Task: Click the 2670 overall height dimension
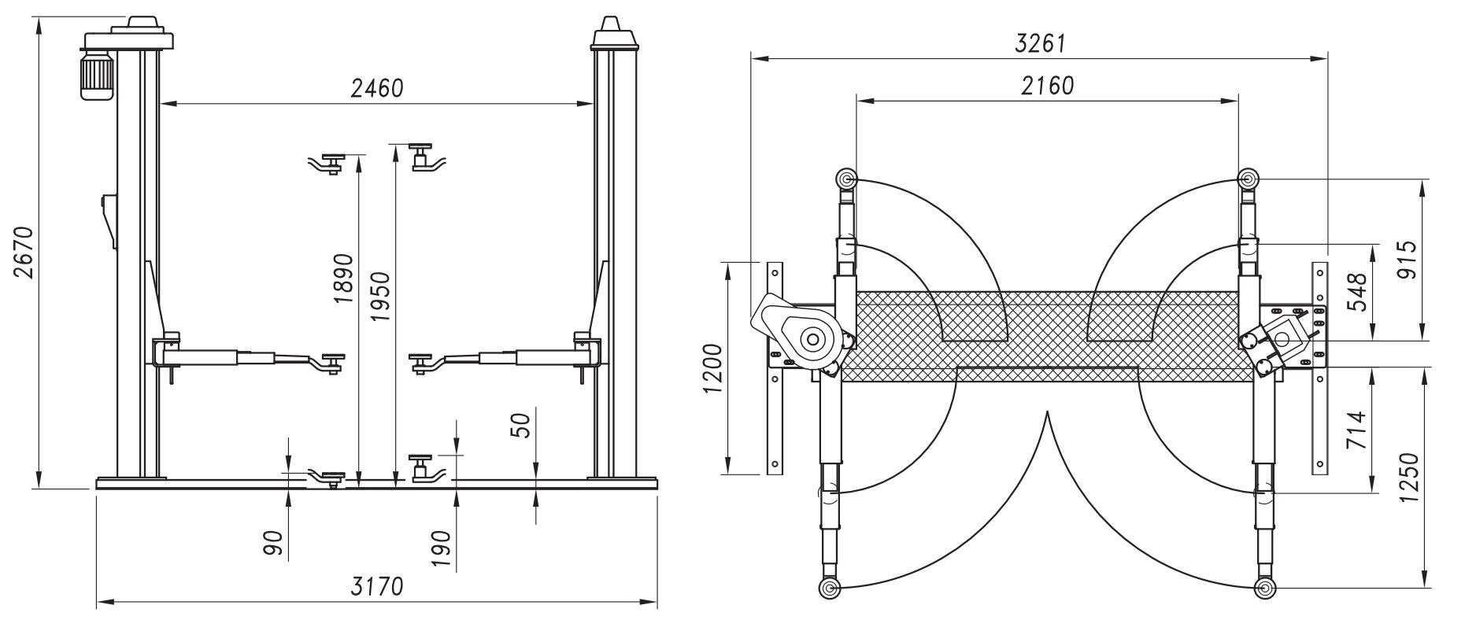click(x=24, y=253)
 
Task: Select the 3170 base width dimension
click(x=377, y=587)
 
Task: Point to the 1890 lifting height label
click(x=344, y=278)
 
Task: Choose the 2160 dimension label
click(x=1047, y=86)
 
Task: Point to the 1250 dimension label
click(x=1410, y=479)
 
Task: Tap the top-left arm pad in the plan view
click(x=846, y=179)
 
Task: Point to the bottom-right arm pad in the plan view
click(x=1264, y=588)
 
